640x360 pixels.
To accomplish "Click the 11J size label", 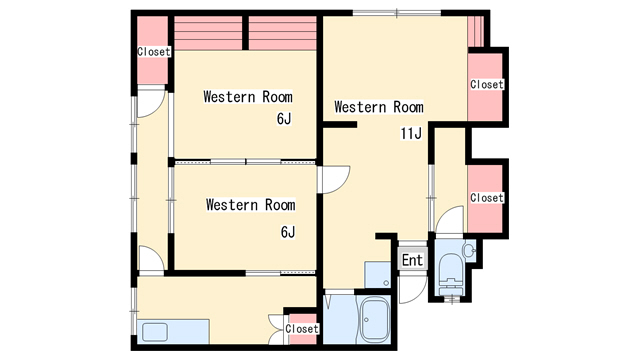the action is coord(411,133).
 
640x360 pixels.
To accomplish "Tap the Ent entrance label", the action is coord(412,260).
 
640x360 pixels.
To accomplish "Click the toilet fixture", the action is coord(451,274).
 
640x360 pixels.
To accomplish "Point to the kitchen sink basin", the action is coord(155,332).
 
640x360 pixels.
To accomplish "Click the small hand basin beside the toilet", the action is coord(469,249).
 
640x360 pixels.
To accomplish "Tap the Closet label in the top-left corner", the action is coord(153,52).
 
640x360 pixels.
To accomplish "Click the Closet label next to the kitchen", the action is coord(302,329).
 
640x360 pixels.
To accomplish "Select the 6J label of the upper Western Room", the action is coord(284,119).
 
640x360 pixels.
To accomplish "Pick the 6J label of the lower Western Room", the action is coord(287,232).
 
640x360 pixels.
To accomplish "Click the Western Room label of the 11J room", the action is coord(379,107).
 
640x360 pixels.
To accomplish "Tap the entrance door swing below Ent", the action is coord(413,289).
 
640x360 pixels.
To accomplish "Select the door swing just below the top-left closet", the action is coord(151,103).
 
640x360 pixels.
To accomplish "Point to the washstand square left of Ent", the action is coord(378,274).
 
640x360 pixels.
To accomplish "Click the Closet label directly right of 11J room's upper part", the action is coord(487,84).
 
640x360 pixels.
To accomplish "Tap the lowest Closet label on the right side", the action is coord(487,198).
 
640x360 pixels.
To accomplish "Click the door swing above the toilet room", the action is coord(450,220).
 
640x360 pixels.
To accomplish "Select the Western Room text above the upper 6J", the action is coord(248,97).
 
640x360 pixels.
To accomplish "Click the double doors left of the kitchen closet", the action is coord(276,330).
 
